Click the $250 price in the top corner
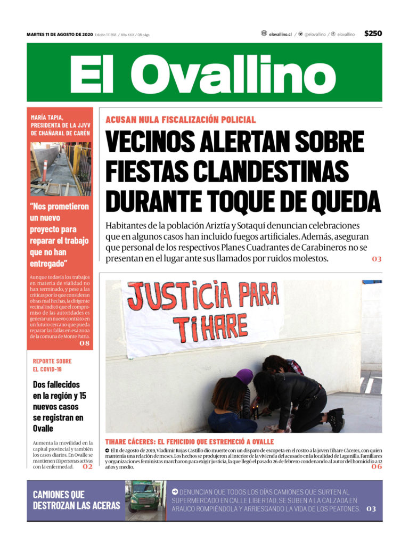[373, 34]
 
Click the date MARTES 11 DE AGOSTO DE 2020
[60, 35]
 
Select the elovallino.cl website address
[280, 34]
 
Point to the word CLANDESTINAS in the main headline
[271, 171]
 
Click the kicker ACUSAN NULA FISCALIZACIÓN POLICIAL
[181, 120]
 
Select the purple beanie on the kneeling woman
[244, 376]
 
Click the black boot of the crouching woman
[336, 420]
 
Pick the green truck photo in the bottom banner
[145, 500]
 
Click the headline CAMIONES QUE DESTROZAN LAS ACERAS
[76, 500]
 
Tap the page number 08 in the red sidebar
[85, 343]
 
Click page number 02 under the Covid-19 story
[87, 467]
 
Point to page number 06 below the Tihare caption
[377, 467]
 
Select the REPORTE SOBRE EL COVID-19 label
[52, 365]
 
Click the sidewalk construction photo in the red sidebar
[60, 168]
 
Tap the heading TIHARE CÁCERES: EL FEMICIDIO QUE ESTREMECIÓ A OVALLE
[190, 442]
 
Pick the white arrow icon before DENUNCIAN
[175, 492]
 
